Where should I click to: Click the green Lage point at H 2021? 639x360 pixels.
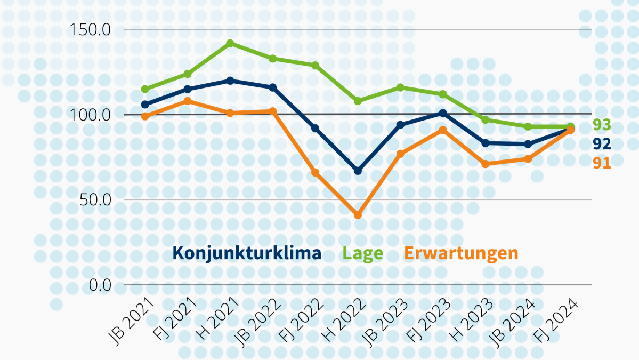pyautogui.click(x=230, y=43)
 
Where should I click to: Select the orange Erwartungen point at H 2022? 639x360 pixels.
pyautogui.click(x=358, y=215)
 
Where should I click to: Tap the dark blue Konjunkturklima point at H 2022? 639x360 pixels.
pyautogui.click(x=358, y=171)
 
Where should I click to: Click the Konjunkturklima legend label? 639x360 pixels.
pyautogui.click(x=247, y=253)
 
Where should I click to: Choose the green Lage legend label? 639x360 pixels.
pyautogui.click(x=363, y=253)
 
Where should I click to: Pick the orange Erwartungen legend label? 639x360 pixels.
pyautogui.click(x=460, y=253)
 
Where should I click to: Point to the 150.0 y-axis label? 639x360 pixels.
pyautogui.click(x=90, y=29)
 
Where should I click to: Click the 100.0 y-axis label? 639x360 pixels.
pyautogui.click(x=90, y=115)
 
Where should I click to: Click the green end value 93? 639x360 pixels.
pyautogui.click(x=602, y=125)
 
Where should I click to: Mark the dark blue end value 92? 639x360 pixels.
pyautogui.click(x=602, y=143)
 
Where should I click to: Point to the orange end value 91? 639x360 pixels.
pyautogui.click(x=602, y=163)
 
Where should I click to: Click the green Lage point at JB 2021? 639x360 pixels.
pyautogui.click(x=145, y=89)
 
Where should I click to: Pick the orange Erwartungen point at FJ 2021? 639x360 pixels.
pyautogui.click(x=188, y=101)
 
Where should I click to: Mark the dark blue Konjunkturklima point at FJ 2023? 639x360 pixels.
pyautogui.click(x=442, y=113)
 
